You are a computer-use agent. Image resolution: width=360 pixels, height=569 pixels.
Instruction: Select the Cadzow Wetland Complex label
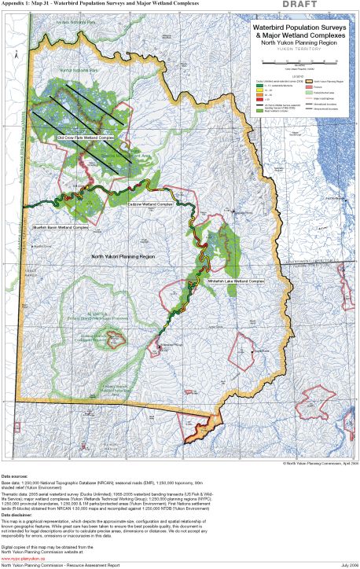pos(150,204)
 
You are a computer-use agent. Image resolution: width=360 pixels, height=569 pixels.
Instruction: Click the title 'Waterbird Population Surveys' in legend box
pos(299,27)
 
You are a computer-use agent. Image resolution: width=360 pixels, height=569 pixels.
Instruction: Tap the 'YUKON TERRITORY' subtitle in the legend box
pos(299,48)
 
